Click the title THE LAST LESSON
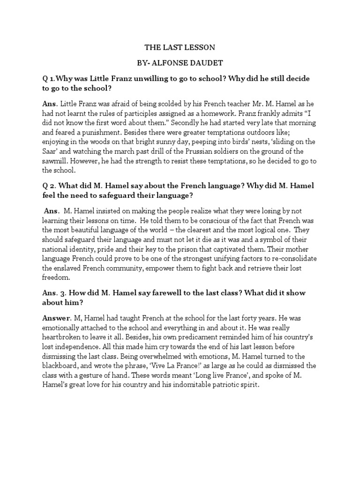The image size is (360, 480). pos(180,47)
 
